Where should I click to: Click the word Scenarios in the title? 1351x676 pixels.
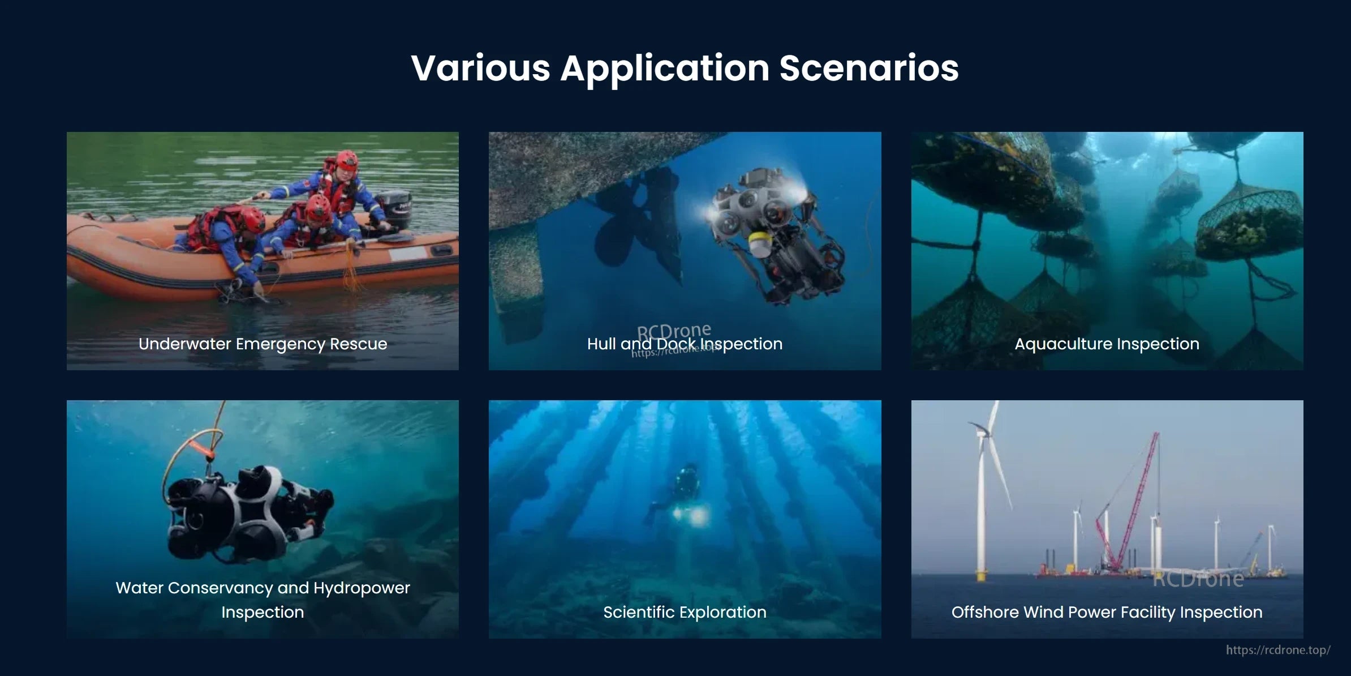point(868,69)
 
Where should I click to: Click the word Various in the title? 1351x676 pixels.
point(480,69)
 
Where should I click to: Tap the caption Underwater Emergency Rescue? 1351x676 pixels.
point(263,344)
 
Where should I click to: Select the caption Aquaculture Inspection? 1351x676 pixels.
point(1107,344)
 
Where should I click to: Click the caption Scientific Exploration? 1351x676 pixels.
point(685,612)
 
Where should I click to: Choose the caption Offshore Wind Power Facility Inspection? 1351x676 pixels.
point(1107,612)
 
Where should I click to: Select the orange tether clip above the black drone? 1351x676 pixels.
point(201,451)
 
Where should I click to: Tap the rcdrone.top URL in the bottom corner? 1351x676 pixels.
point(1277,650)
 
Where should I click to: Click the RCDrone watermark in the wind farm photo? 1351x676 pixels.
point(1198,579)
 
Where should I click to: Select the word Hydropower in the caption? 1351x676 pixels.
point(362,588)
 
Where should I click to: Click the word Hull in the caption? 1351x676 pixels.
point(601,344)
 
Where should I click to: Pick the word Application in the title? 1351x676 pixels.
point(665,69)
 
